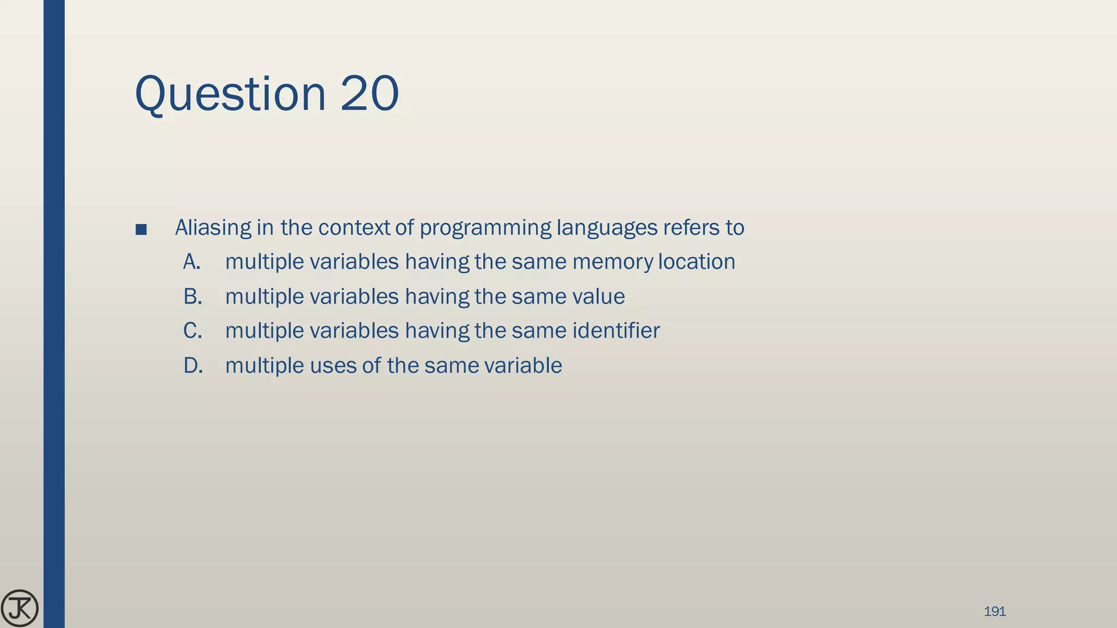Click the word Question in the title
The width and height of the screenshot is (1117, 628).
click(x=230, y=94)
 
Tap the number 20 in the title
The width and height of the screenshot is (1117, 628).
click(x=370, y=94)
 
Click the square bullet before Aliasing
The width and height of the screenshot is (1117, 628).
click(x=141, y=230)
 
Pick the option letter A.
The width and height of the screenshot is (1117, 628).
click(x=192, y=262)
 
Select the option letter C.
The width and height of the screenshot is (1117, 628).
click(x=193, y=331)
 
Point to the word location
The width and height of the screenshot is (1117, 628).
click(x=696, y=262)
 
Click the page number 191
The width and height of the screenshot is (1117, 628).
click(x=995, y=612)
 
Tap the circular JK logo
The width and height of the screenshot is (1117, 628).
click(x=20, y=608)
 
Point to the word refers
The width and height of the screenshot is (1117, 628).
click(x=691, y=228)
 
